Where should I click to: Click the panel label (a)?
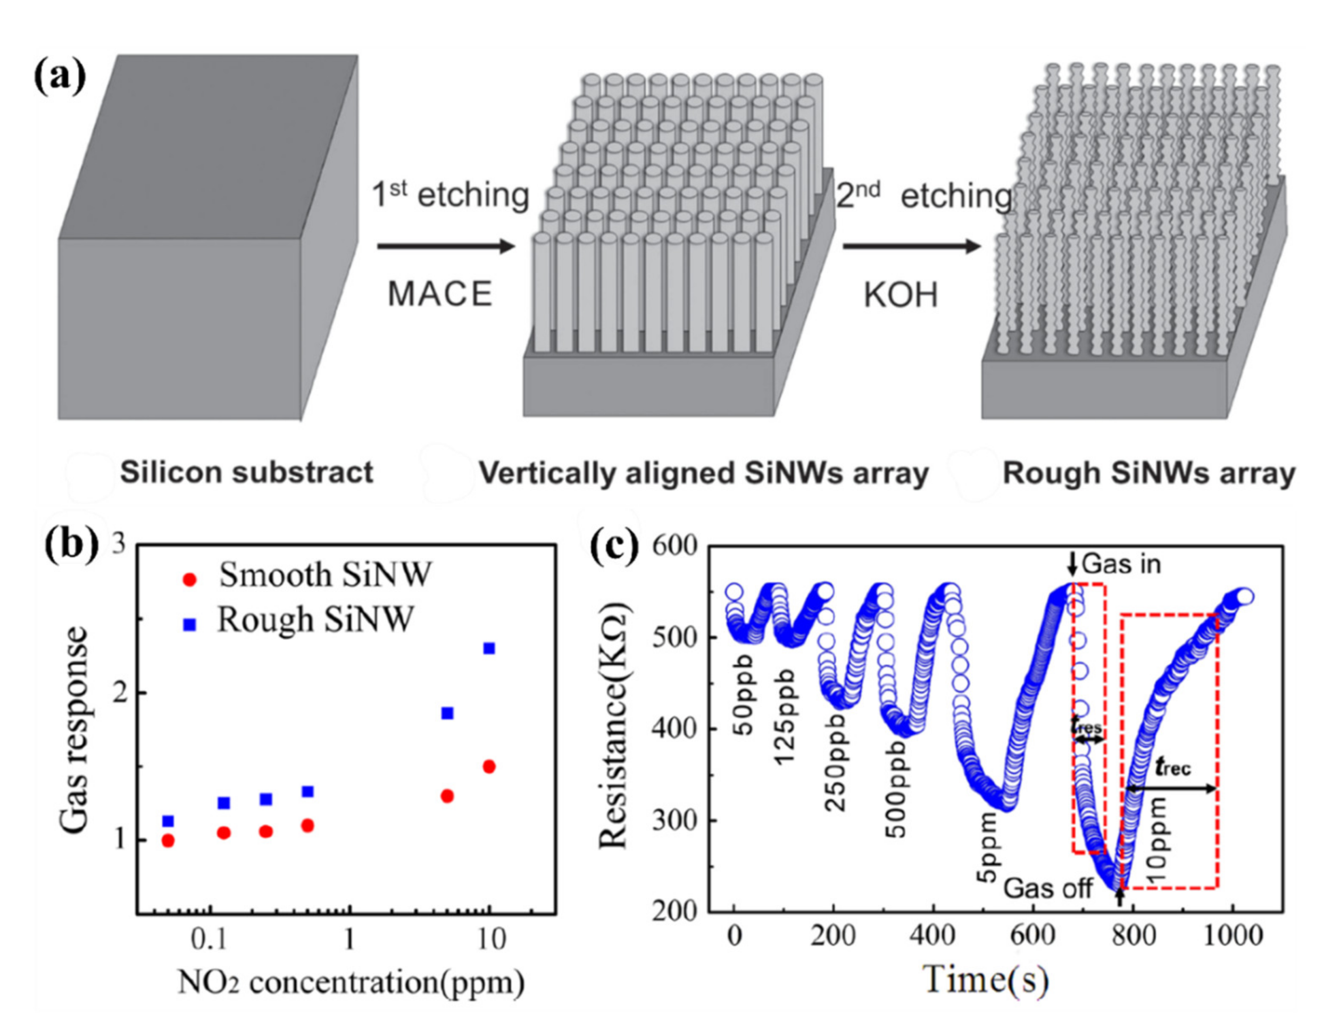point(60,78)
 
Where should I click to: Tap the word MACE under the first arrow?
point(440,295)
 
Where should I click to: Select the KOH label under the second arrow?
point(901,296)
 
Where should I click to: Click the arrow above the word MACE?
point(446,247)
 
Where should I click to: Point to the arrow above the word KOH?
point(911,247)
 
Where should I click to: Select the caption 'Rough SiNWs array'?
point(1148,473)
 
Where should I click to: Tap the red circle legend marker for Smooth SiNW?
point(190,580)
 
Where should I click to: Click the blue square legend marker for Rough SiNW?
point(190,625)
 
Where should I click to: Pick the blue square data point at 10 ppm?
point(489,648)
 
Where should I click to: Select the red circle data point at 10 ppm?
point(489,766)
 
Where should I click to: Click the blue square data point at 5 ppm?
point(447,713)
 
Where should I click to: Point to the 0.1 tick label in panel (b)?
point(210,940)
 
